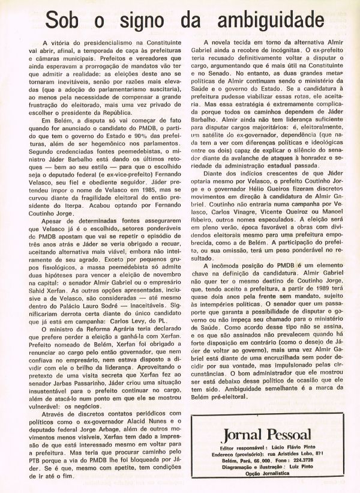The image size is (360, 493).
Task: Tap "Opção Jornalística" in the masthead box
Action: click(266, 471)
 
